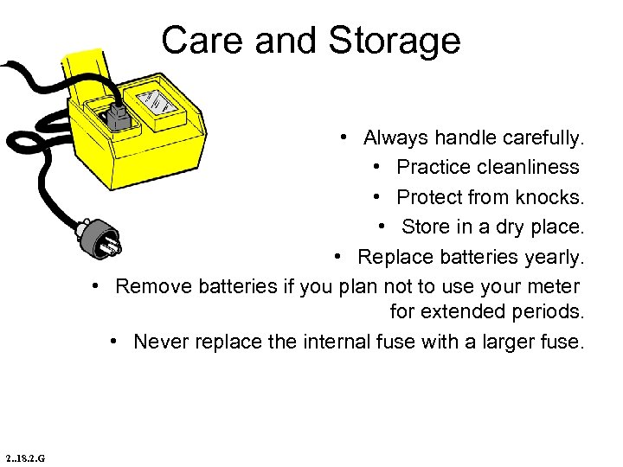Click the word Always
(395, 138)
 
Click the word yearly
(556, 257)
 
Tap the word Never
(161, 342)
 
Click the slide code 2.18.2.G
(24, 457)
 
